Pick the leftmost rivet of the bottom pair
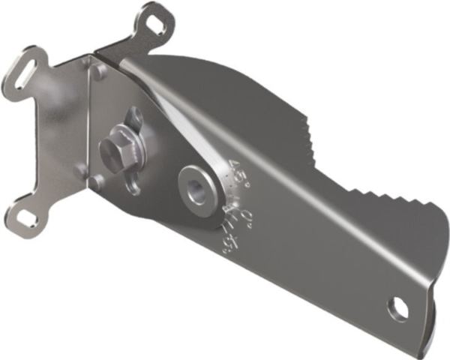pyautogui.click(x=81, y=171)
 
